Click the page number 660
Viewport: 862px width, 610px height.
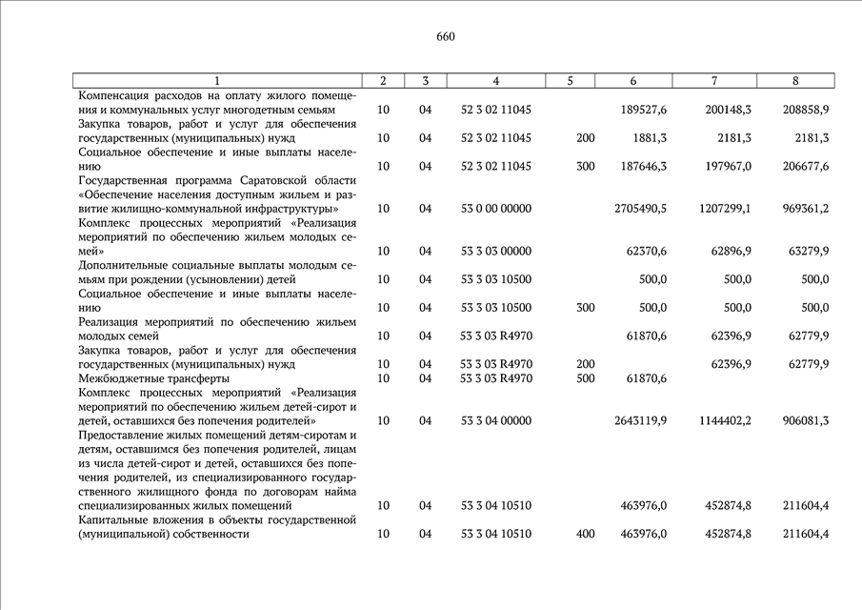pyautogui.click(x=446, y=37)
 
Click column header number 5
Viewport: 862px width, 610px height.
pyautogui.click(x=570, y=81)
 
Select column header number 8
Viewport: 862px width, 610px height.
pyautogui.click(x=795, y=81)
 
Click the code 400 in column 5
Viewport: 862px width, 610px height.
pyautogui.click(x=585, y=535)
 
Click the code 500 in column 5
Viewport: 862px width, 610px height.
pyautogui.click(x=585, y=378)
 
